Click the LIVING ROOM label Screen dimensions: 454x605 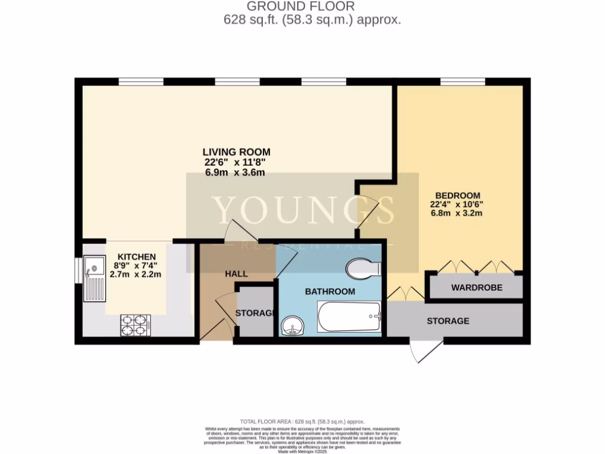(232, 151)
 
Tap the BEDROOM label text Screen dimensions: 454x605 (458, 195)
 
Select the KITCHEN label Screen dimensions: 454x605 (136, 257)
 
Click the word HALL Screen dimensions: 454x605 (236, 274)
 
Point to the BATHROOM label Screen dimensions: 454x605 (330, 291)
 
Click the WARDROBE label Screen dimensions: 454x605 (477, 288)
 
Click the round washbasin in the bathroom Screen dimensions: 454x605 (292, 326)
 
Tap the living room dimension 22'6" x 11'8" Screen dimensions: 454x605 (232, 162)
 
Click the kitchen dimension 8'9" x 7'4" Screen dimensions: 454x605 (136, 265)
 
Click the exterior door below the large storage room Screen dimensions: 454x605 (427, 351)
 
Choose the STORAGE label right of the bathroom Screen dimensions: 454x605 (448, 321)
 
